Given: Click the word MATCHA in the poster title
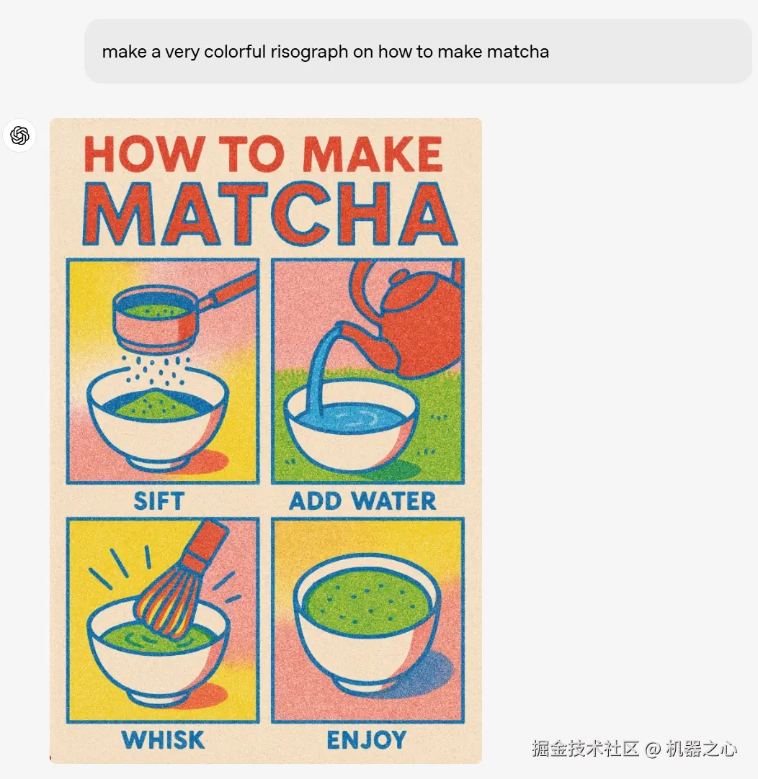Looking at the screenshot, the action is point(270,214).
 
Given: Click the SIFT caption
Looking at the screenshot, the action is point(159,501).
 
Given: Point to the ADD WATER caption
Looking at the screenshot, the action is point(362,501).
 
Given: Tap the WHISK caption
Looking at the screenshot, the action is point(163,739).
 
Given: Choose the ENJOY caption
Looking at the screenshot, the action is point(366,739).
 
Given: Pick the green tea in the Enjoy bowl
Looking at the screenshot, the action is point(367,602).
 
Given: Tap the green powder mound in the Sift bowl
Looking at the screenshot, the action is point(158,405).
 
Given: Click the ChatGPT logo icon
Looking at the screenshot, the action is point(20,135).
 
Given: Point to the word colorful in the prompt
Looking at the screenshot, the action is point(235,51).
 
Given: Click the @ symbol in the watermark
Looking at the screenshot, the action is point(653,748).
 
